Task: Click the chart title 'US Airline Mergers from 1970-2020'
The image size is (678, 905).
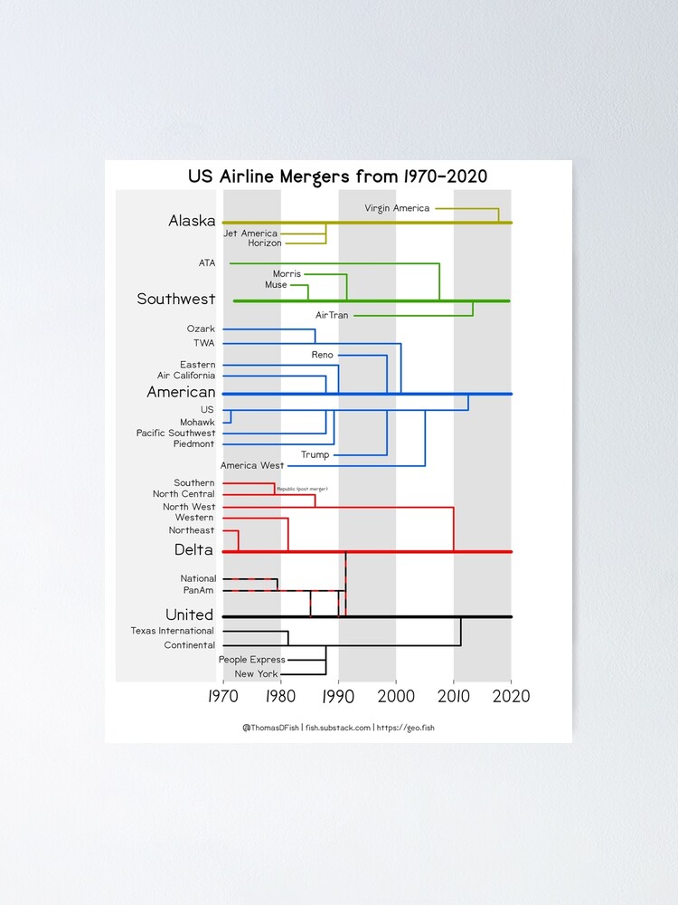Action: pyautogui.click(x=337, y=176)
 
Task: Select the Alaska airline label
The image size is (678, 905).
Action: pyautogui.click(x=192, y=221)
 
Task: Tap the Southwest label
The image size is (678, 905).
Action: pyautogui.click(x=176, y=299)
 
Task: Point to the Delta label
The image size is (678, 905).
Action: pyautogui.click(x=193, y=550)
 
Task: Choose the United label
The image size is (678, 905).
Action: pyautogui.click(x=189, y=615)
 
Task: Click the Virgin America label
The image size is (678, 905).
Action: pyautogui.click(x=397, y=208)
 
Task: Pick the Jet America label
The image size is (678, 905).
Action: pyautogui.click(x=250, y=233)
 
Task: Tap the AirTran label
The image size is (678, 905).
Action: pyautogui.click(x=332, y=315)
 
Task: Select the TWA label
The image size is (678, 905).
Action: pyautogui.click(x=203, y=343)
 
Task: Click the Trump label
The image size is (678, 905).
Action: pyautogui.click(x=315, y=454)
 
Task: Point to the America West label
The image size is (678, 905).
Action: pyautogui.click(x=252, y=465)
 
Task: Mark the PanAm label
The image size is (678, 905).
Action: pyautogui.click(x=198, y=590)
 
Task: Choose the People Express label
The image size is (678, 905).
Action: pyautogui.click(x=251, y=660)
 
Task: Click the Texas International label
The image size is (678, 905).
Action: pyautogui.click(x=173, y=631)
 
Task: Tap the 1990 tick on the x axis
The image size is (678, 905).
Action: pyautogui.click(x=338, y=697)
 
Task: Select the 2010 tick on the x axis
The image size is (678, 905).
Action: pyautogui.click(x=454, y=697)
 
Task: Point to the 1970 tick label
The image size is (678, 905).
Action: pyautogui.click(x=222, y=697)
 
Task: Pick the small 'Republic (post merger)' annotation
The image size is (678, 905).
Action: pyautogui.click(x=302, y=489)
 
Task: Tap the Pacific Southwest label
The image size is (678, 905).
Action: pyautogui.click(x=176, y=433)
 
